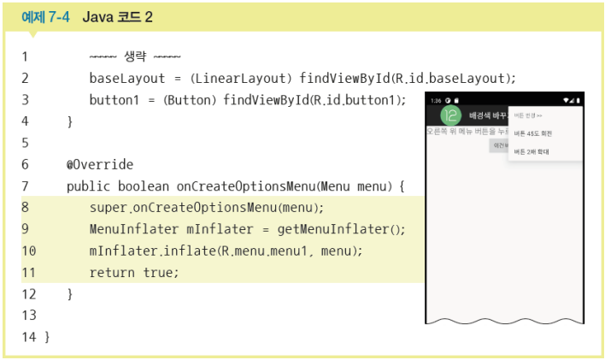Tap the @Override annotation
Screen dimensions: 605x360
[100, 164]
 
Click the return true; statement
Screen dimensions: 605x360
[134, 273]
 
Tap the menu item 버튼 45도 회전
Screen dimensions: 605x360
[533, 133]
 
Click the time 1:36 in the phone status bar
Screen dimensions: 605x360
[436, 99]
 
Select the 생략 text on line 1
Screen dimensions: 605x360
[135, 56]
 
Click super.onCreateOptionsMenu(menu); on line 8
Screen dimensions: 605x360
[207, 208]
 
